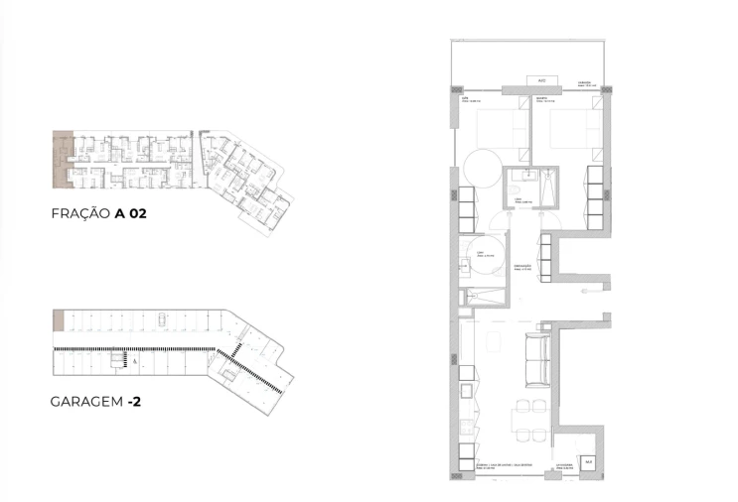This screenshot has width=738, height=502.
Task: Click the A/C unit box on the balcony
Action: click(541, 80)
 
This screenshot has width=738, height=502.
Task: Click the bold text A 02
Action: click(132, 212)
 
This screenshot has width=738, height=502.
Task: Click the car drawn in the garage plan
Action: click(161, 319)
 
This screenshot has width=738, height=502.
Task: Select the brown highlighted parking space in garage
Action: click(59, 320)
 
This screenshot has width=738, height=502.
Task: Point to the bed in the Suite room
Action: click(493, 132)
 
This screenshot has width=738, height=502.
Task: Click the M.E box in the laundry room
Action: click(588, 461)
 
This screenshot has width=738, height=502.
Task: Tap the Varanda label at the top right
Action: click(592, 85)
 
